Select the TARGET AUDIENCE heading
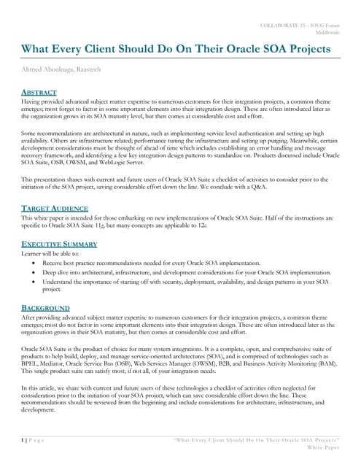click(x=53, y=208)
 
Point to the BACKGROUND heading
click(x=45, y=308)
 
